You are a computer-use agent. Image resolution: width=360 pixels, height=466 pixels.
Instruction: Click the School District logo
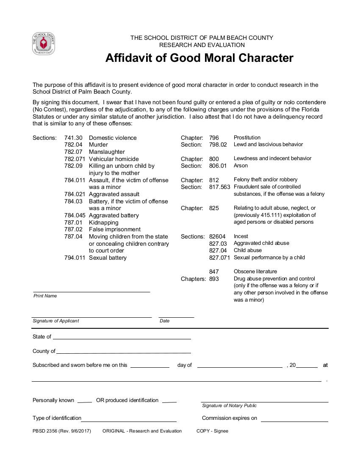(x=44, y=44)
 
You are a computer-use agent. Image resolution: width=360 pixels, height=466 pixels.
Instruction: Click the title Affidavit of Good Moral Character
(x=199, y=58)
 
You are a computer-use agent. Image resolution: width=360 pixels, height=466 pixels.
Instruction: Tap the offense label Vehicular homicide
(x=114, y=159)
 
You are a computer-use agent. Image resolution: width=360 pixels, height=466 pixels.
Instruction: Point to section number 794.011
(x=75, y=258)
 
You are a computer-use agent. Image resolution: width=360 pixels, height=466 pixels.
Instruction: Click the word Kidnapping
(x=103, y=222)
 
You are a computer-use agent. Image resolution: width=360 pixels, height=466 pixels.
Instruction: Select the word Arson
(x=241, y=166)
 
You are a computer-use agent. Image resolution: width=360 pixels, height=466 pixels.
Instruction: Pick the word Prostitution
(x=247, y=138)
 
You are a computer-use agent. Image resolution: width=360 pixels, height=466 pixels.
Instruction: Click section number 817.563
(x=219, y=187)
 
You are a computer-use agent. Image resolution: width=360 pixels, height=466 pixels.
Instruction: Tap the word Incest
(x=241, y=236)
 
